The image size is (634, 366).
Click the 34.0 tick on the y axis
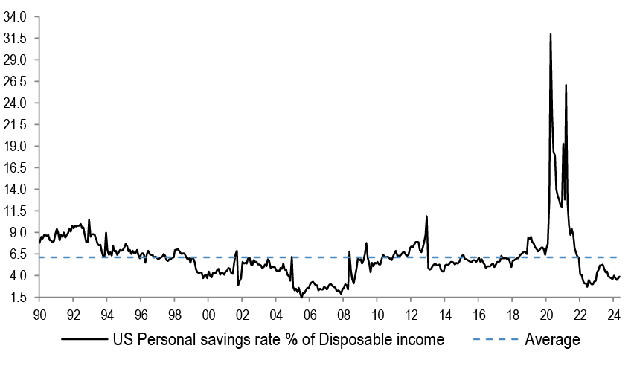(15, 16)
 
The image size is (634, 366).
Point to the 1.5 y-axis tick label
(18, 298)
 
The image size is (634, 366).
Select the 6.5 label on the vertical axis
(18, 254)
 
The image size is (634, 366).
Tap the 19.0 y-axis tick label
(15, 146)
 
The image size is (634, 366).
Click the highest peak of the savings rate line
(550, 34)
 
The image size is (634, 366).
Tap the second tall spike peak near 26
(566, 85)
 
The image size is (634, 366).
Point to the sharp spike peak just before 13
(426, 216)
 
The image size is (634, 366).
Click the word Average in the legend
(553, 341)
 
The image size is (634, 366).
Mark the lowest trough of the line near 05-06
(301, 296)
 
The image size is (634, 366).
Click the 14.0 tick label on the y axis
(15, 190)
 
